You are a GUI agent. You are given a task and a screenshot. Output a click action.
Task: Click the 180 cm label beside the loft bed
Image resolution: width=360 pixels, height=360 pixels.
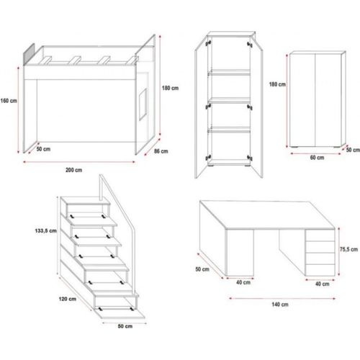tap(171, 89)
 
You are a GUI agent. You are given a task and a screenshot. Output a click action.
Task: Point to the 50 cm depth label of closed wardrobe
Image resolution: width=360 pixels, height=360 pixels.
tap(351, 150)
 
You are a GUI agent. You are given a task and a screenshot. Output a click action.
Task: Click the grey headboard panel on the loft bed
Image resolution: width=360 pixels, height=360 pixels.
tap(30, 54)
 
